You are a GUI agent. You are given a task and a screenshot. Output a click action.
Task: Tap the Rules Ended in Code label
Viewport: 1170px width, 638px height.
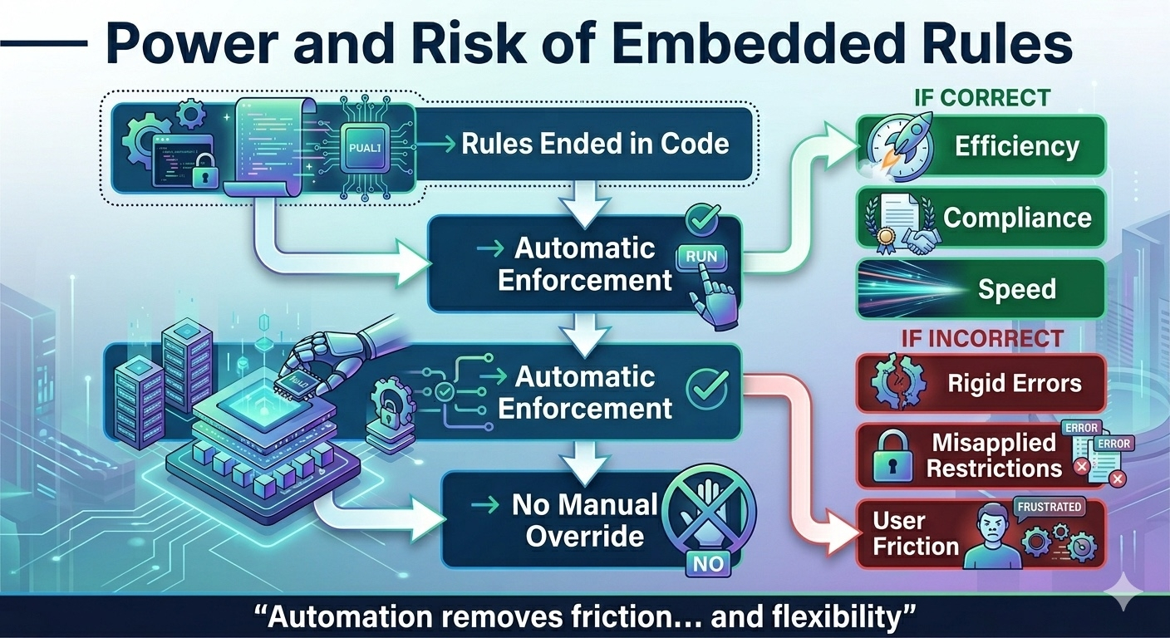tap(595, 144)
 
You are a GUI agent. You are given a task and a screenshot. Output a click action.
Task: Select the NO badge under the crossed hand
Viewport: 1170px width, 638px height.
tap(707, 564)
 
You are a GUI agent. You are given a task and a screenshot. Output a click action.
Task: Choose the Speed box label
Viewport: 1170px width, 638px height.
tap(1016, 289)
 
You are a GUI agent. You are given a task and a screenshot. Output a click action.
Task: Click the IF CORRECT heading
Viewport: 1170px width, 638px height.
tap(982, 97)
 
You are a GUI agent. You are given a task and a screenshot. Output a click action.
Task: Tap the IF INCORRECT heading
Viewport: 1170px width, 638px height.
tap(982, 337)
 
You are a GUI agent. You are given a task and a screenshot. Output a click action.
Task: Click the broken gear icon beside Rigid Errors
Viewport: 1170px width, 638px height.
tap(896, 383)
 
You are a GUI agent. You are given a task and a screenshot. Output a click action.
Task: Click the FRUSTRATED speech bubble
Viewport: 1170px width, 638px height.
tap(1049, 507)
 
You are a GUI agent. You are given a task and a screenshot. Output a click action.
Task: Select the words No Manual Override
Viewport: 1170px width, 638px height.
tap(584, 520)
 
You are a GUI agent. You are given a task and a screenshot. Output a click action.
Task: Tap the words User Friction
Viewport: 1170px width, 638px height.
tap(915, 533)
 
